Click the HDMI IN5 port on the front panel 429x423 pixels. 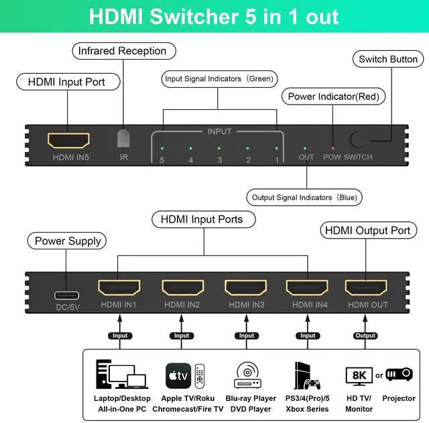pyautogui.click(x=68, y=141)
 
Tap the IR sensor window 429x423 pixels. pyautogui.click(x=123, y=138)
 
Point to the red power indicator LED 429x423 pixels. pyautogui.click(x=332, y=148)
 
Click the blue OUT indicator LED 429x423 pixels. pyautogui.click(x=306, y=148)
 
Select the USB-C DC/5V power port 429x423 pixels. pyautogui.click(x=67, y=295)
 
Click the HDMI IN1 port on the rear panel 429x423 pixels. pyautogui.click(x=119, y=288)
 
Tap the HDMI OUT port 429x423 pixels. pyautogui.click(x=365, y=288)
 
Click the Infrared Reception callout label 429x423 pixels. pyautogui.click(x=122, y=51)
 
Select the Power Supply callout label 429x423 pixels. pyautogui.click(x=68, y=241)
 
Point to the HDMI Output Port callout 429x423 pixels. pyautogui.click(x=367, y=230)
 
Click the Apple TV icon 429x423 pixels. pyautogui.click(x=178, y=373)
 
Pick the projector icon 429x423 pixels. pyautogui.click(x=399, y=374)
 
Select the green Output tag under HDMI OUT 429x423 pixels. pyautogui.click(x=365, y=336)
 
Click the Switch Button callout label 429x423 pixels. pyautogui.click(x=388, y=59)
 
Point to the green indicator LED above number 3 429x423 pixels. pyautogui.click(x=219, y=148)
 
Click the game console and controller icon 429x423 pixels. pyautogui.click(x=307, y=375)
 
